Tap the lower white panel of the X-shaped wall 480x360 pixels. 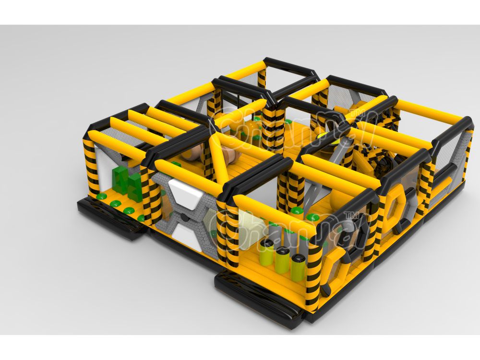click(x=186, y=234)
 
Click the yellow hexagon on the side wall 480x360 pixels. click(x=395, y=207)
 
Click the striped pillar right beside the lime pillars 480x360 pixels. click(x=313, y=269)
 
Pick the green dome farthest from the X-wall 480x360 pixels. click(x=98, y=196)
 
